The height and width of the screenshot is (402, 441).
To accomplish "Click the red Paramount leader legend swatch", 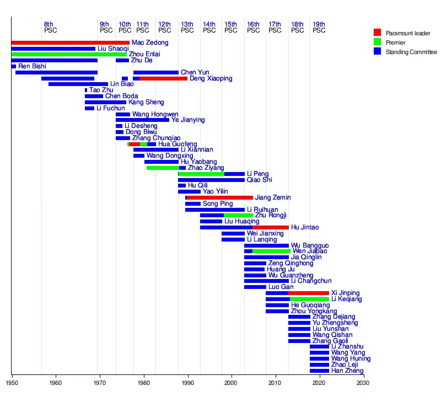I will coord(377,32).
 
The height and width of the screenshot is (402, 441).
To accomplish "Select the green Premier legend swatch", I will coord(377,42).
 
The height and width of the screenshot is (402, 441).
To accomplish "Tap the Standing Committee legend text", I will coord(411,52).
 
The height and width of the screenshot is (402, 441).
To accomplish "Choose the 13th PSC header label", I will coord(187,27).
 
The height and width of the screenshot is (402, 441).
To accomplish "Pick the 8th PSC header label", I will coord(50,27).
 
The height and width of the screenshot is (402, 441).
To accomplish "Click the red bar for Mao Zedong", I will coord(70,42).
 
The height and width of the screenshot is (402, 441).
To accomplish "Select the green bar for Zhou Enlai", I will coord(68,55).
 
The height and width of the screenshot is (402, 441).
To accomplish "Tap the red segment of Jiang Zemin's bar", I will coord(220,197).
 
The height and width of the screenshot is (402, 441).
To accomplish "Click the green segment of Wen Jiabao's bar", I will coord(271,251).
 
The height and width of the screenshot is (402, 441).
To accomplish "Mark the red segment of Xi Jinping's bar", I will coord(309,293).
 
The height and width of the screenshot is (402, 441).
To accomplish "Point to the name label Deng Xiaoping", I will coord(211,79).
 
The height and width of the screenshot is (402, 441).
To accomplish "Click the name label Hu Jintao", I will coord(304,227).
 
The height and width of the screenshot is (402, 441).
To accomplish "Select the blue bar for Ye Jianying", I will coord(142,120).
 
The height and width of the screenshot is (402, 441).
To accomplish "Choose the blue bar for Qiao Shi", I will coord(211,180).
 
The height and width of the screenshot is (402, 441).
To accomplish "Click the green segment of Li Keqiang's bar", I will coord(309,299).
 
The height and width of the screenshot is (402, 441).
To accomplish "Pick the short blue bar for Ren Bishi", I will coord(14,67).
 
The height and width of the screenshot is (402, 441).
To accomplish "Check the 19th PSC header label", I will coord(319,27).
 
